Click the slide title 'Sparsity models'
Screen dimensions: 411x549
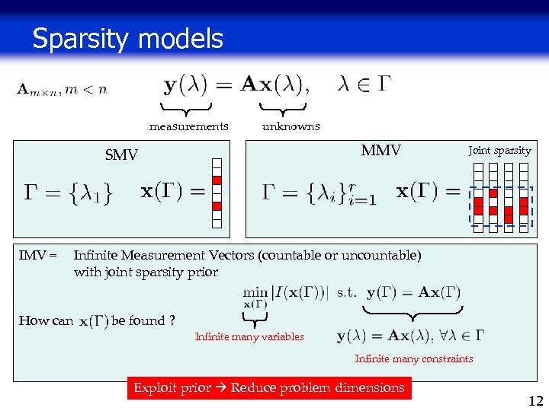click(127, 39)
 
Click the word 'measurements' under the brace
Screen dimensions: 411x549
click(188, 126)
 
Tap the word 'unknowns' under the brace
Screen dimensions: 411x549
click(291, 126)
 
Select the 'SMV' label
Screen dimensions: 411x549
click(121, 155)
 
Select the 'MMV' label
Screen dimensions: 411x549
click(380, 151)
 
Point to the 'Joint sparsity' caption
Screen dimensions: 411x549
click(499, 151)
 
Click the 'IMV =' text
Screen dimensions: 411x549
click(38, 256)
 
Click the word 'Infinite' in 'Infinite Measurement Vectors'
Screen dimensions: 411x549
click(98, 256)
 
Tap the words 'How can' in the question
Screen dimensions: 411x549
click(46, 320)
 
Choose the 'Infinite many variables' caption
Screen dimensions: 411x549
click(249, 336)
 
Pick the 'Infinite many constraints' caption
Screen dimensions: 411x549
click(414, 358)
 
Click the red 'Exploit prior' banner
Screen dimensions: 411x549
click(269, 388)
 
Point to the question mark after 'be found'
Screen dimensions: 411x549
click(172, 320)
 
